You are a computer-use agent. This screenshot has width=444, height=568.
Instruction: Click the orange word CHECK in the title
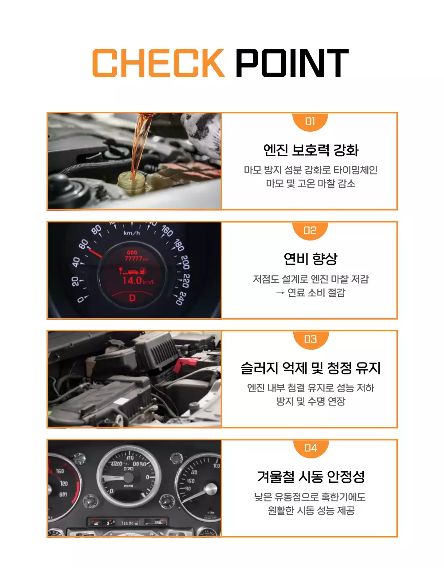[158, 63]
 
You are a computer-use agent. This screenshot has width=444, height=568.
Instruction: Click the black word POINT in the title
[291, 63]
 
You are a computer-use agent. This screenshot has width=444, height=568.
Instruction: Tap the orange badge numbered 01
[310, 121]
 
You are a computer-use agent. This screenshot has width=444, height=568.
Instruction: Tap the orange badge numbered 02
[310, 230]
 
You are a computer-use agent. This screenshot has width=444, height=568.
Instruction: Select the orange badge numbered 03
[310, 339]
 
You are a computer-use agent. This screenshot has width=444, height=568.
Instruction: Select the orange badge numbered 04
[310, 448]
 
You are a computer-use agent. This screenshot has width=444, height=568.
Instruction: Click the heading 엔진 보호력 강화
[310, 150]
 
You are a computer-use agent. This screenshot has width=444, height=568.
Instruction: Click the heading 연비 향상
[310, 259]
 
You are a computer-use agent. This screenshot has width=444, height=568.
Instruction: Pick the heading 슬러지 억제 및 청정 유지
[310, 368]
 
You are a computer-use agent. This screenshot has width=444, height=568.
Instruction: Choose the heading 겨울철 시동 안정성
[310, 477]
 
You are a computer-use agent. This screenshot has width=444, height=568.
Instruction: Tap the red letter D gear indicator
[132, 298]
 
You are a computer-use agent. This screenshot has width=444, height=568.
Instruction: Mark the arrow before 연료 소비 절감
[280, 293]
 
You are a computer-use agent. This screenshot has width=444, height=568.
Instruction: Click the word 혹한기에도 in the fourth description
[343, 497]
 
